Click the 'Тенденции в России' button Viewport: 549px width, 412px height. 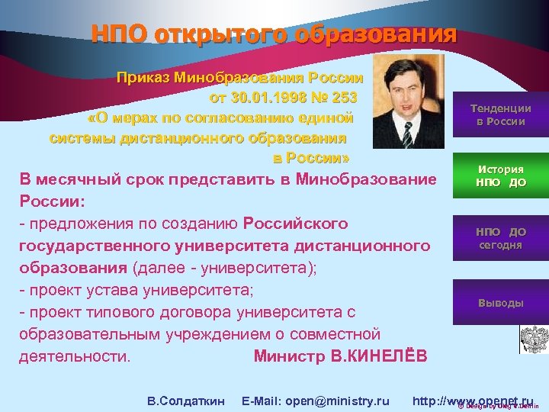click(500, 114)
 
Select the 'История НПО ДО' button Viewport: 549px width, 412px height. click(500, 176)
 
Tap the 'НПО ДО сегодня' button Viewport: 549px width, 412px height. click(500, 238)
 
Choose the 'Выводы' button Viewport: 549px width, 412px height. click(500, 303)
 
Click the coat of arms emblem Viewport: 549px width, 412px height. click(529, 338)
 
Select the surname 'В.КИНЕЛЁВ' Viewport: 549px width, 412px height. click(384, 356)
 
